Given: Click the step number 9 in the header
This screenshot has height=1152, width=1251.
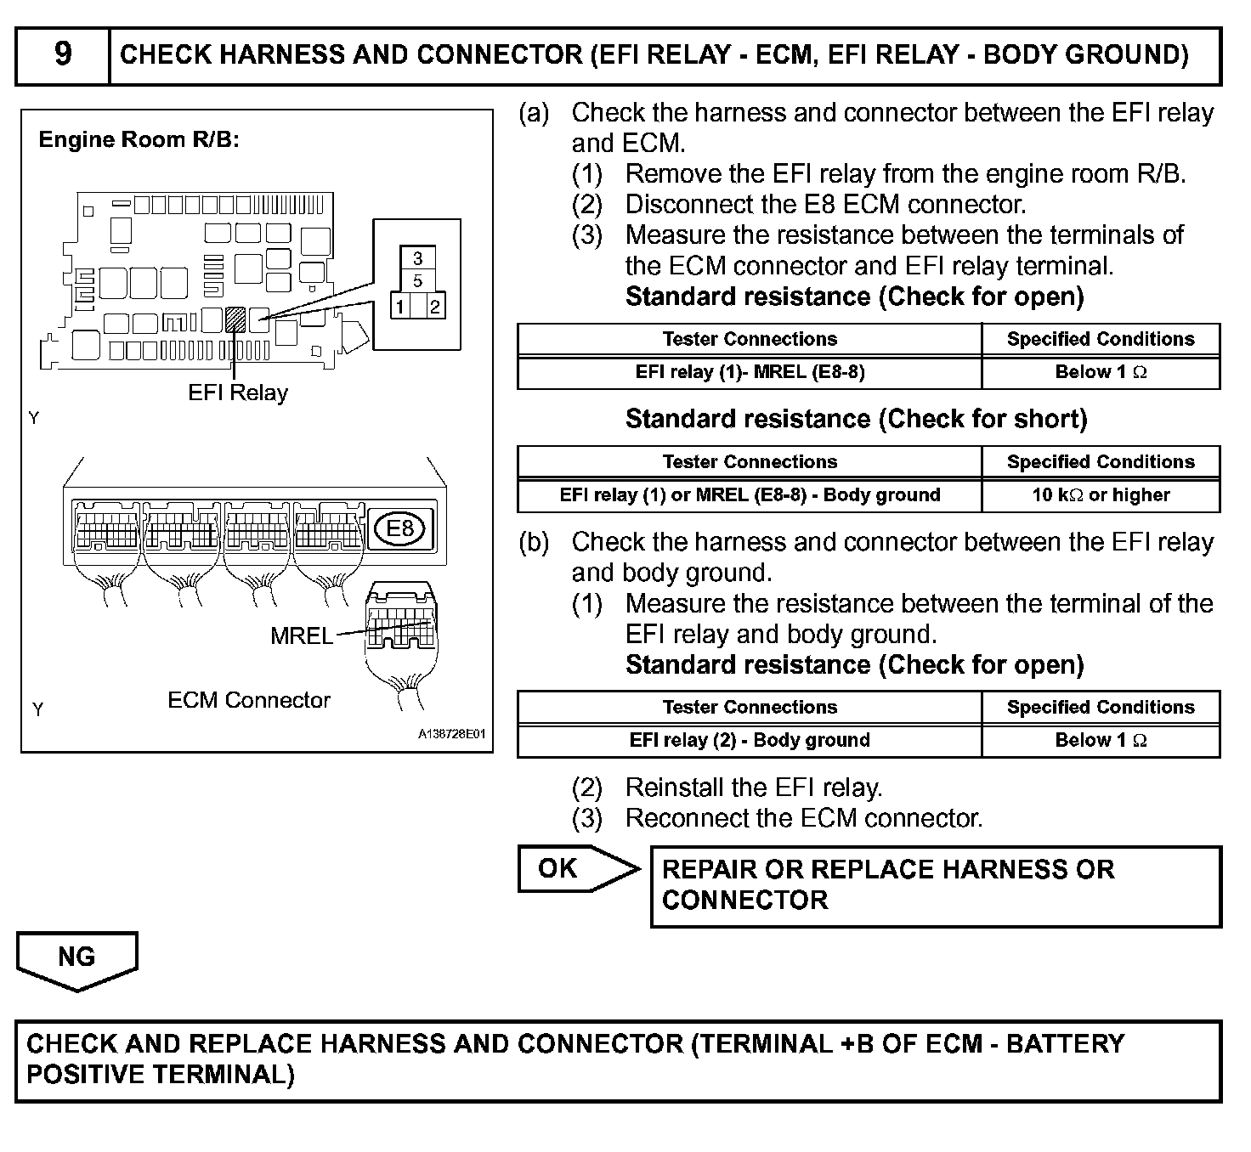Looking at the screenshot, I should coord(63,54).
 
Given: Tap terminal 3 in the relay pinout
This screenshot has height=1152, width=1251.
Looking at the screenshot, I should coord(417,258).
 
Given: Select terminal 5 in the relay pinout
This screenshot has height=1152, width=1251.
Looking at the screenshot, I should coord(417,281).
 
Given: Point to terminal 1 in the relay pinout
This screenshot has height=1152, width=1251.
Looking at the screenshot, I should coord(399,307).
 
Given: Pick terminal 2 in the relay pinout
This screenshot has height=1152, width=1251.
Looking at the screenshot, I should coord(434,307).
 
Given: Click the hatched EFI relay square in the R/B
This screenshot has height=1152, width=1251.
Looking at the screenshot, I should coord(235,319).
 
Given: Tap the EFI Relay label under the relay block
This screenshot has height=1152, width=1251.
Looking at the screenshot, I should coord(238,392).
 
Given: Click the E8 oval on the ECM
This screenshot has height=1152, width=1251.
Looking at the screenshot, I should coord(399,528).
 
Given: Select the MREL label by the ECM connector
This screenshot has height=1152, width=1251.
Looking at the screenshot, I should coord(301,635).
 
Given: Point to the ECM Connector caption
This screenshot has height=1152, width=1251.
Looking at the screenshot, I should coord(248,700).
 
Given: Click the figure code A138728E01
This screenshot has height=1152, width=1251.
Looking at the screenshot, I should coord(451,734).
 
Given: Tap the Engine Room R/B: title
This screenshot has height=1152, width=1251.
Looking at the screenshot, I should coord(139,139).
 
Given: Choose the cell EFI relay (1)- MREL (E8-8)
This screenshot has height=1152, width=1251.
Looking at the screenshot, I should coord(750,372).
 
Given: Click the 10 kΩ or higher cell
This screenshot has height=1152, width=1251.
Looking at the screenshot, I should coord(1101,495).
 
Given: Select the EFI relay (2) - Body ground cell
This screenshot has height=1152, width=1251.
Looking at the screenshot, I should coord(750,740).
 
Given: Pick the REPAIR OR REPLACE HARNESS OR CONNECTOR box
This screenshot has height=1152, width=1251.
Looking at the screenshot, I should coord(935,885).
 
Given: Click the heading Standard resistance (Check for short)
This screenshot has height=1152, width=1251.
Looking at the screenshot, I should coord(856,419).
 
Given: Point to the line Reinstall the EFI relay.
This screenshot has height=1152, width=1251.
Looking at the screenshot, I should coord(754,788).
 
